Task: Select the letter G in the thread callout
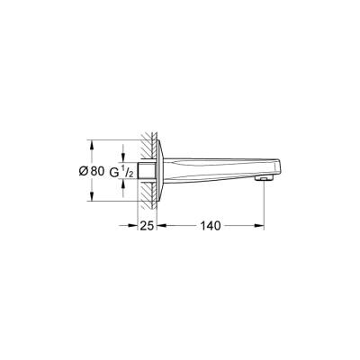pyautogui.click(x=112, y=171)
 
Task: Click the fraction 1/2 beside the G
pyautogui.click(x=126, y=171)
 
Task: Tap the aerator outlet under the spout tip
pyautogui.click(x=263, y=178)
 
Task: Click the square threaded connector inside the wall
pyautogui.click(x=144, y=170)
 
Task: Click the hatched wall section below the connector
pyautogui.click(x=144, y=193)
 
